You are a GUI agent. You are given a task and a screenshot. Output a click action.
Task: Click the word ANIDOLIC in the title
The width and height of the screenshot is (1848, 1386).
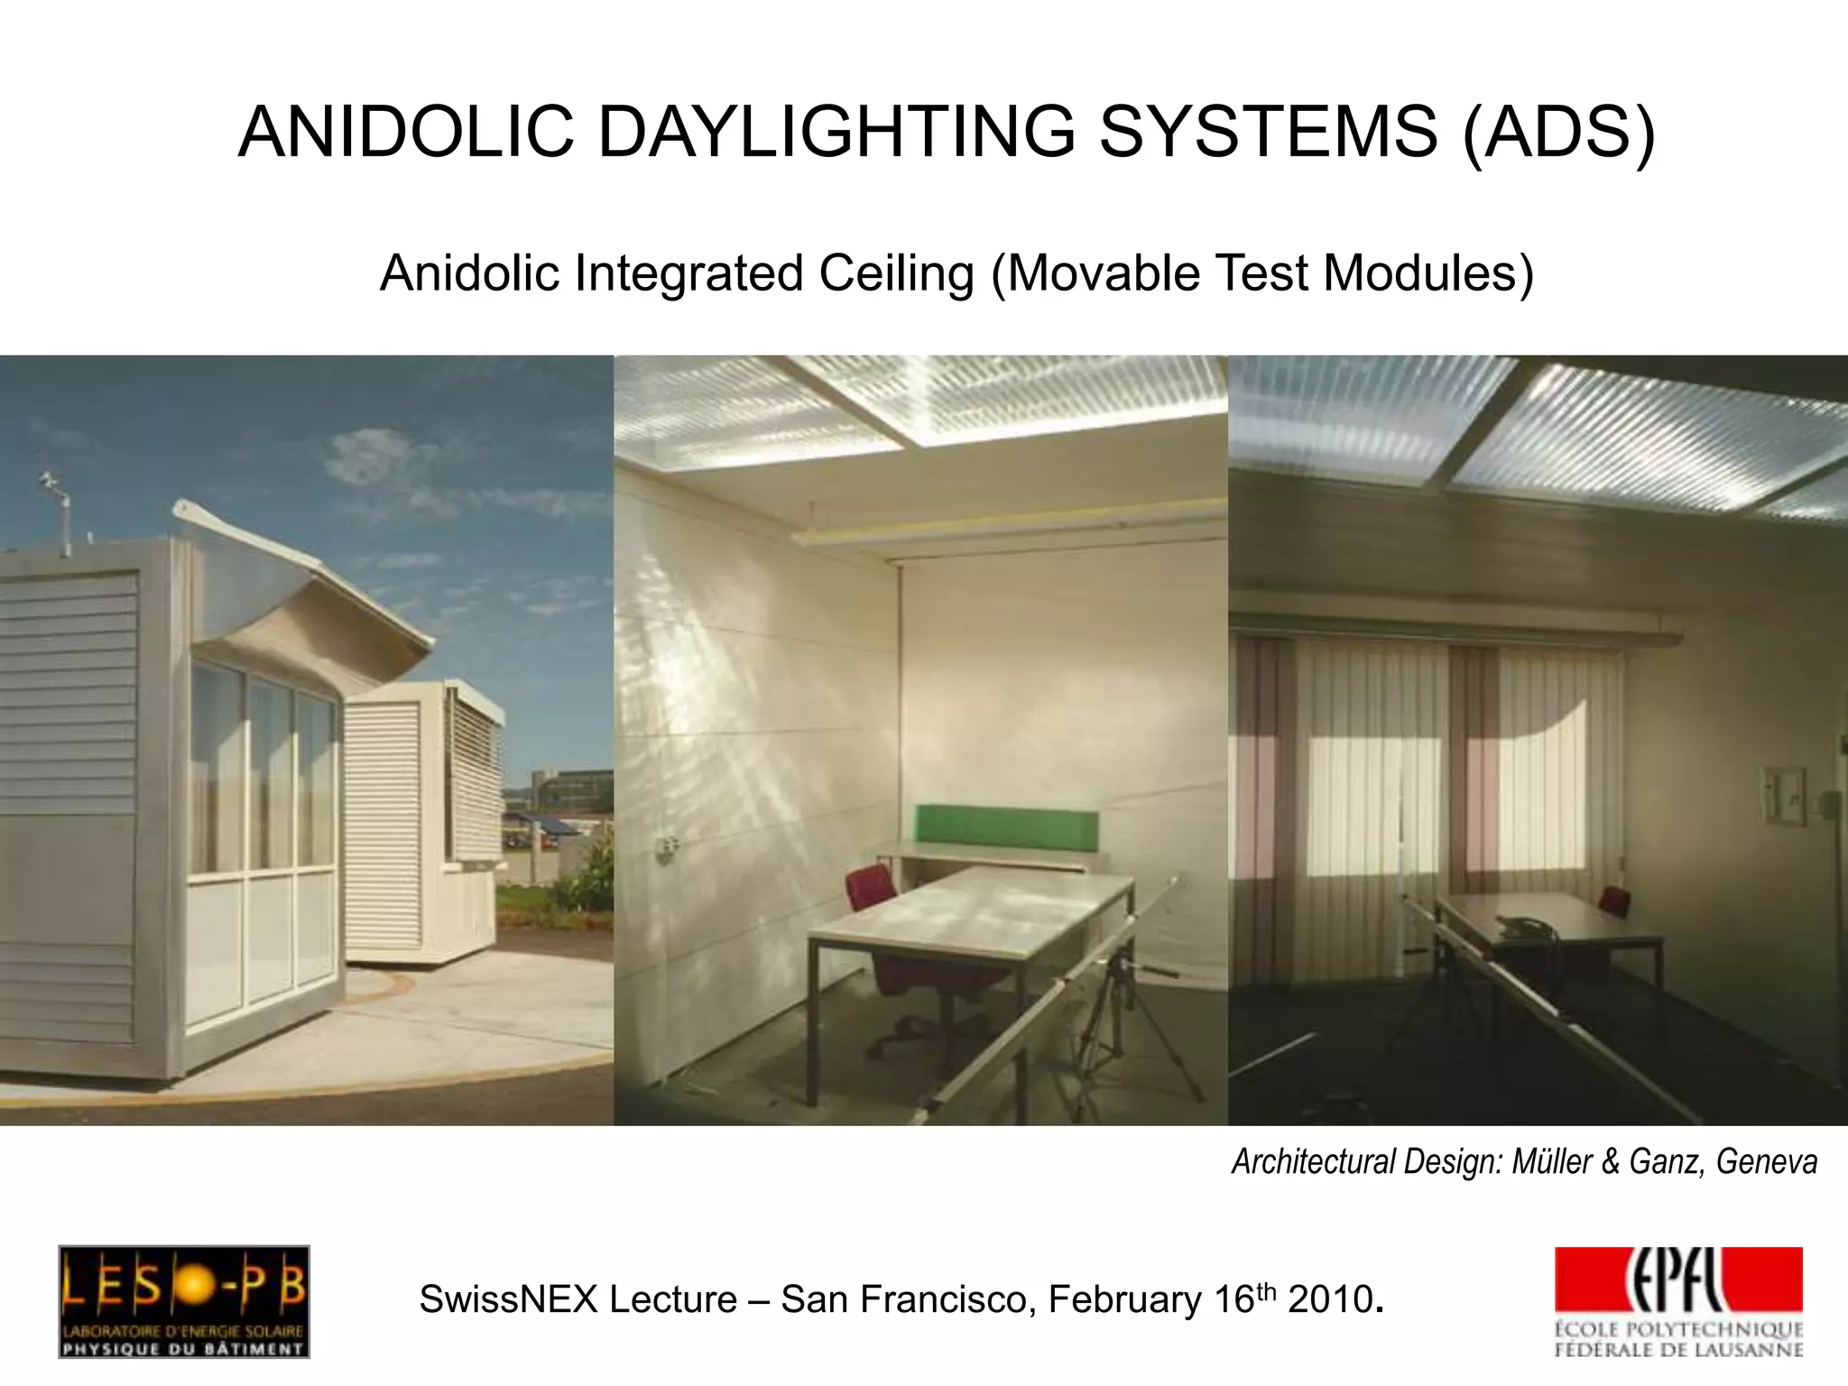tap(405, 133)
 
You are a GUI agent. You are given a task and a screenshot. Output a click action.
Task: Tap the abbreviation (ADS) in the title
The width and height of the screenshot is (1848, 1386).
tap(1557, 133)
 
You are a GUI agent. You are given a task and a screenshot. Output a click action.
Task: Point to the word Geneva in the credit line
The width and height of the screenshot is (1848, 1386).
tap(1766, 1161)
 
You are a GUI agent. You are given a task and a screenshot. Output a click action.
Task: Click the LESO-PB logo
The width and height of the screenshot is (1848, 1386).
tap(184, 1301)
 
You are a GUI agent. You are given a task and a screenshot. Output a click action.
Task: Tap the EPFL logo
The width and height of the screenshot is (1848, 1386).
tap(1677, 1301)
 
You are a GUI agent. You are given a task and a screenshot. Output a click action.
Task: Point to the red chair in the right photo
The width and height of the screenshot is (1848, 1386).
tap(1614, 900)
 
